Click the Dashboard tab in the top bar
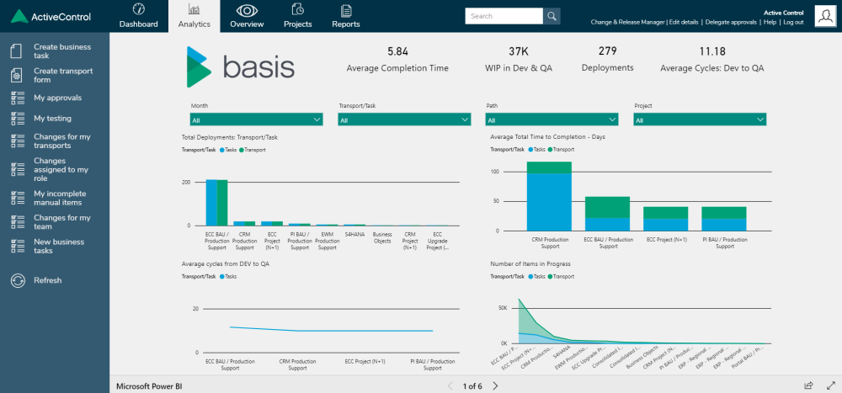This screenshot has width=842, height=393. point(138,16)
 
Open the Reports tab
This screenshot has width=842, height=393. point(346,16)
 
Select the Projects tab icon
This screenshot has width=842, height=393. point(298,10)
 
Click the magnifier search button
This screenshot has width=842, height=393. point(552,16)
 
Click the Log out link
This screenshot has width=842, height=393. point(792,22)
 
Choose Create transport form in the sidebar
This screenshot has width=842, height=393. point(63,76)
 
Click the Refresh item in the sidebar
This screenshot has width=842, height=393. point(47,280)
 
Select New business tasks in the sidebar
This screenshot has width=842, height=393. point(58,246)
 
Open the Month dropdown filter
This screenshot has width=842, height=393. point(257,120)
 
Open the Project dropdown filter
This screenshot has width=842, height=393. point(700,120)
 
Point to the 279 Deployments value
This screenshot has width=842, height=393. point(607,51)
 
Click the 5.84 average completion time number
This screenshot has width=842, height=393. point(397,51)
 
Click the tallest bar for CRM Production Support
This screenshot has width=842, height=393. point(549,198)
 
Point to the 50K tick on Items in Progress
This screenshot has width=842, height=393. point(503,309)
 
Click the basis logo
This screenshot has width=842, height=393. point(241,67)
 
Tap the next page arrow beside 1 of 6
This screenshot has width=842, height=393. point(495,385)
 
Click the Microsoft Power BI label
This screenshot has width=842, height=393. point(149,385)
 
